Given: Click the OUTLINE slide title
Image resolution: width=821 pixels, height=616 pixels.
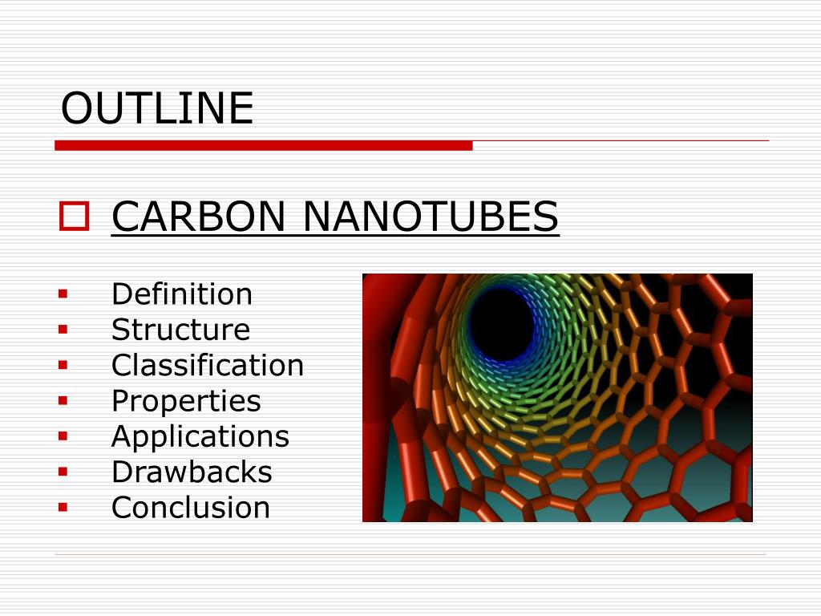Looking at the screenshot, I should [x=157, y=108].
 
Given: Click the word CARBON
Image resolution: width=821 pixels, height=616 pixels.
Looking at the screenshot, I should [x=198, y=217].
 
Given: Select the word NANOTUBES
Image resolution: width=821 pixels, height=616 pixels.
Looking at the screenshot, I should [x=431, y=217].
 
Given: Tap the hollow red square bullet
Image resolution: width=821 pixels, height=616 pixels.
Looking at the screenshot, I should [x=74, y=217].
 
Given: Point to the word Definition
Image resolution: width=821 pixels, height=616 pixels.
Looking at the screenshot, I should [x=181, y=294].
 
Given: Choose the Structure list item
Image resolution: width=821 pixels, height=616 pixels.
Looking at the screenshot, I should [x=180, y=330].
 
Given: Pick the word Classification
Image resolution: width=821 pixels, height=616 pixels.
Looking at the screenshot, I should [x=207, y=365].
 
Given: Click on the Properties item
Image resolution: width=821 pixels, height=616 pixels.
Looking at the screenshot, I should [x=186, y=400].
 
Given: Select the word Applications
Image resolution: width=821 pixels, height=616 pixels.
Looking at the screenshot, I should [x=200, y=436].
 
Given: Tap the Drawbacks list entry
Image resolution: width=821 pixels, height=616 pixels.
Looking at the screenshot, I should [x=192, y=472].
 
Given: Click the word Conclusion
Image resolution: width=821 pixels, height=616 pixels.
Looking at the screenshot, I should [x=191, y=507].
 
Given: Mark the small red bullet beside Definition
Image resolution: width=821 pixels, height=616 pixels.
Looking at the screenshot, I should [x=63, y=294].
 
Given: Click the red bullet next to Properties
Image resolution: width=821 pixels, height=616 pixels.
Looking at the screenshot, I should [x=63, y=400].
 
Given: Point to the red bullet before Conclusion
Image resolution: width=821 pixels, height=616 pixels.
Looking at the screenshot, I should [x=63, y=507].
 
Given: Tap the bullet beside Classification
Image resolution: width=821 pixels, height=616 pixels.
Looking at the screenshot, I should [x=63, y=365].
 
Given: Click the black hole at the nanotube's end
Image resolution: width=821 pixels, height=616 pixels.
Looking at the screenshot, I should [x=501, y=323].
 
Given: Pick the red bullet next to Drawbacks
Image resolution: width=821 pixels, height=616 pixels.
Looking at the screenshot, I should [x=63, y=472].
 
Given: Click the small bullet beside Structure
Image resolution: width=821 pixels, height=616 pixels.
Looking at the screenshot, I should [x=63, y=329].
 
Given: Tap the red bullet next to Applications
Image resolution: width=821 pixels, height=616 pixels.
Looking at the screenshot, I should [x=63, y=436].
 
